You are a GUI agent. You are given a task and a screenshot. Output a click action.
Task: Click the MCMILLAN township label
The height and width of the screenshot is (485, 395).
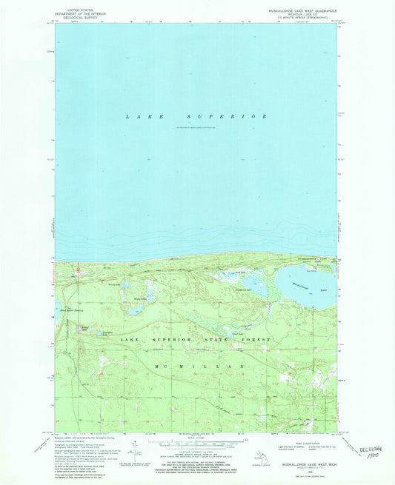click(199, 367)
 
